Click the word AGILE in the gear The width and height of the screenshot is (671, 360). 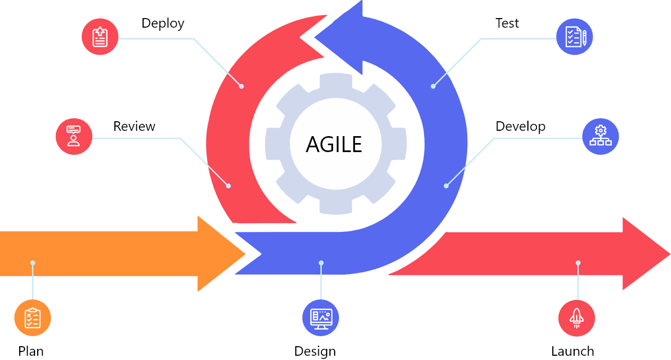tap(334, 145)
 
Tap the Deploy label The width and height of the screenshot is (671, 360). tap(163, 23)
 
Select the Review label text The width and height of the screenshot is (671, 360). tap(134, 126)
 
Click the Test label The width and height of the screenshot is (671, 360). tap(507, 23)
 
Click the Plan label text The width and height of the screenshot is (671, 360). tap(31, 351)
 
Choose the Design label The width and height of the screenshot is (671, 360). tap(315, 351)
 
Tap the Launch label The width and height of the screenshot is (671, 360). tap(573, 351)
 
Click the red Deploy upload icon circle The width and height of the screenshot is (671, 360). tap(100, 37)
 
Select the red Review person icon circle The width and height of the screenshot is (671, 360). tap(74, 137)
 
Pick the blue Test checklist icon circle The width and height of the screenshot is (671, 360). tap(575, 37)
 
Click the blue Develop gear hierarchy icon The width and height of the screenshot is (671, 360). tap(601, 137)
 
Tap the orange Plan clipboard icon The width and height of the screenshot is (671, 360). tap(32, 318)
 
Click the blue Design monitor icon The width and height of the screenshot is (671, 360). tap(320, 318)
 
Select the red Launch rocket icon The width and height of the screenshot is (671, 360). tap(577, 318)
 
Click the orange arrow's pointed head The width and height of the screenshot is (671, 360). tap(244, 254)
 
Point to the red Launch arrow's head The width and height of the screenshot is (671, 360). tap(669, 254)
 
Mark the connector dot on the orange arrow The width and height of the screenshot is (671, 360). tap(32, 263)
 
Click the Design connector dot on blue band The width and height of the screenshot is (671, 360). tap(321, 263)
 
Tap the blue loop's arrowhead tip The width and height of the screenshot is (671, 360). tap(314, 38)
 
